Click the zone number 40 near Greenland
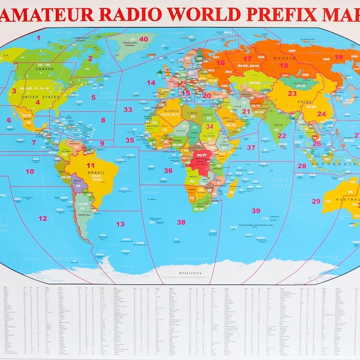(143, 39)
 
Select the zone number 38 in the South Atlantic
(181, 222)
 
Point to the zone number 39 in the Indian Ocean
(256, 211)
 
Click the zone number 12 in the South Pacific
(43, 218)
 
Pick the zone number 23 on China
(292, 94)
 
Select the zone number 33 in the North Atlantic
(127, 110)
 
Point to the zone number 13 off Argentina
(120, 224)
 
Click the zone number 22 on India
(281, 136)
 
